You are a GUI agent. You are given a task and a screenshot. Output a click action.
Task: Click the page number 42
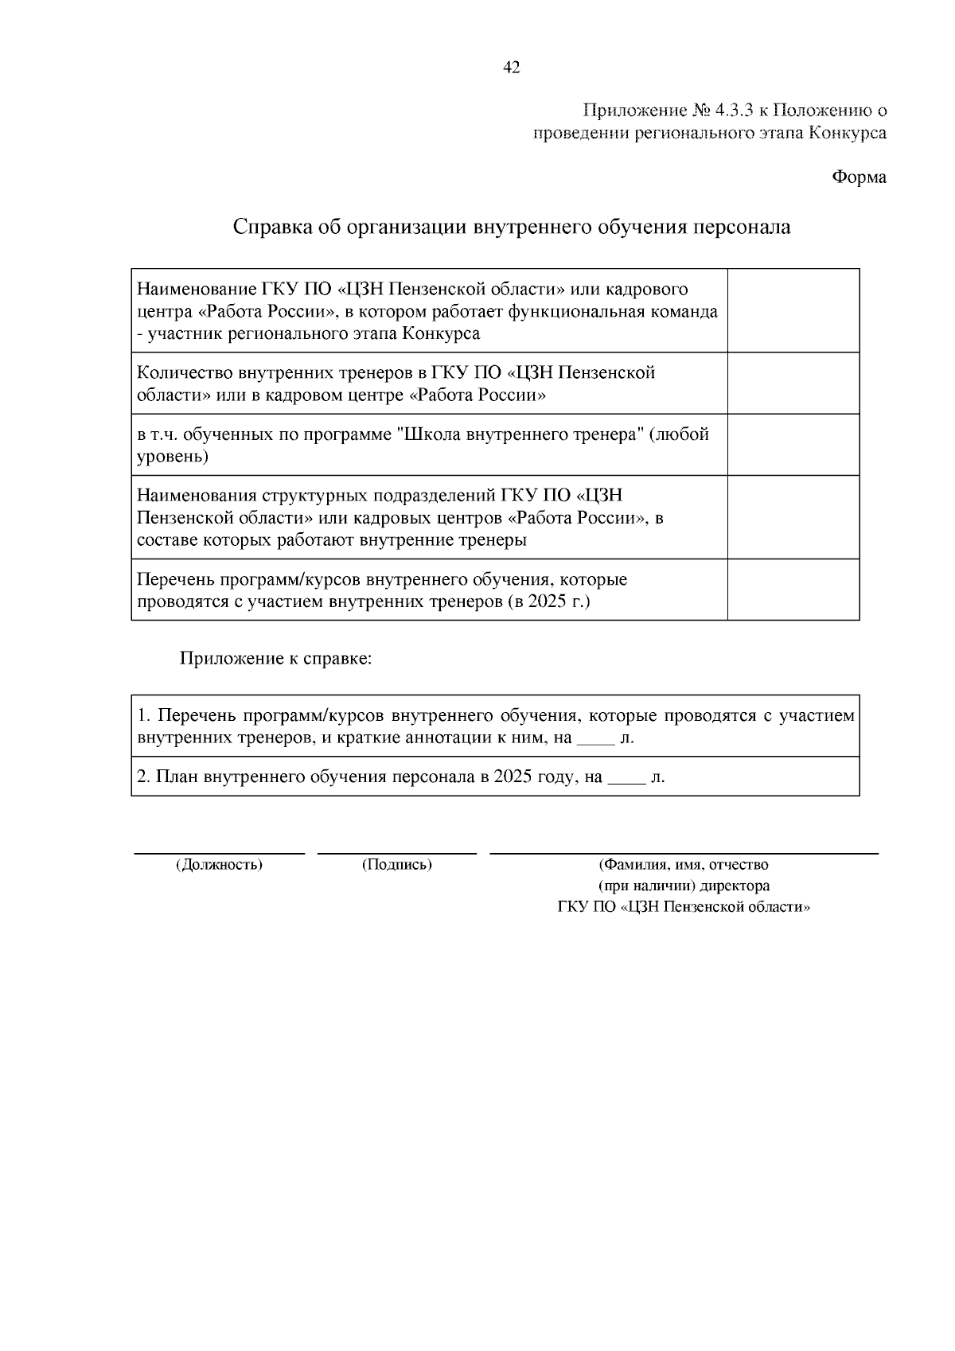pyautogui.click(x=512, y=68)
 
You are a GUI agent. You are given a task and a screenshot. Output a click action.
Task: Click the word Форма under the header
pyautogui.click(x=859, y=177)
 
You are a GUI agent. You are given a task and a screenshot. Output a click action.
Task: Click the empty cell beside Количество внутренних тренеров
pyautogui.click(x=793, y=383)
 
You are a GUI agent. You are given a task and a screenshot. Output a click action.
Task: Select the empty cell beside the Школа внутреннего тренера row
pyautogui.click(x=793, y=444)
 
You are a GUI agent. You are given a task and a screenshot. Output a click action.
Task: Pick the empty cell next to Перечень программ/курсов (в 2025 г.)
pyautogui.click(x=793, y=589)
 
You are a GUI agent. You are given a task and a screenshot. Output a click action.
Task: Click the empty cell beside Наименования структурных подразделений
pyautogui.click(x=793, y=516)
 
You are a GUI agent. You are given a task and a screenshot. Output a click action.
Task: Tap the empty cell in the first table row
pyautogui.click(x=793, y=310)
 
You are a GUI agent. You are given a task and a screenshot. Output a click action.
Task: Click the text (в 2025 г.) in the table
pyautogui.click(x=548, y=602)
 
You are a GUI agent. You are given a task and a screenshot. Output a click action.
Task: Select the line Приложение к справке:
pyautogui.click(x=275, y=659)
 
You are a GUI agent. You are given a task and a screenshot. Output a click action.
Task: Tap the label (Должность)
pyautogui.click(x=219, y=864)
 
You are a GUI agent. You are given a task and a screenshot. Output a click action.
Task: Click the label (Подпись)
pyautogui.click(x=396, y=864)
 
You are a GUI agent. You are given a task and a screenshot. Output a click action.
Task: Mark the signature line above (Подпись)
pyautogui.click(x=396, y=853)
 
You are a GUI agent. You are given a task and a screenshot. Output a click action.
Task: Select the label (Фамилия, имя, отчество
pyautogui.click(x=683, y=864)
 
